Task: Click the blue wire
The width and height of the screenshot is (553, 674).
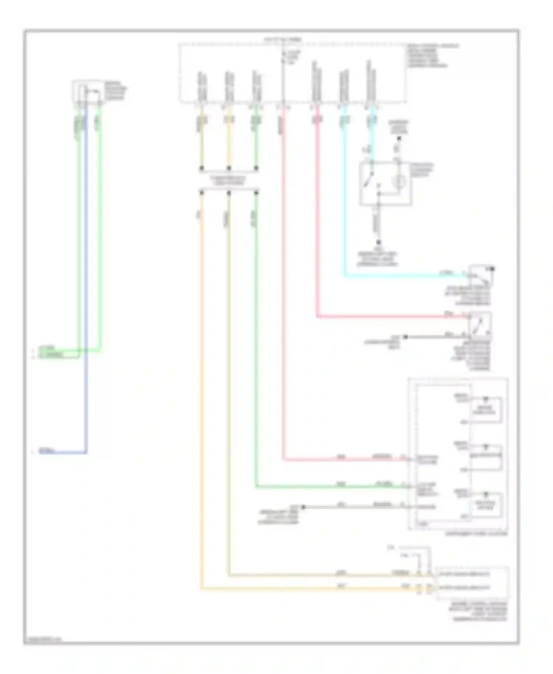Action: (86, 295)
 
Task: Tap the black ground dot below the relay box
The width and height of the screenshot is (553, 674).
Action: (378, 243)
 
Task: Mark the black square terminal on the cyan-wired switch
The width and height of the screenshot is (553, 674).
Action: (492, 269)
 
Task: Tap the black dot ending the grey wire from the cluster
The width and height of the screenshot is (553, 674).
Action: (303, 507)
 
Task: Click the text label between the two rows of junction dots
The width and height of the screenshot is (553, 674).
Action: (229, 180)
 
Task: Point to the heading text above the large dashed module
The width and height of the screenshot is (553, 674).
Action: (283, 39)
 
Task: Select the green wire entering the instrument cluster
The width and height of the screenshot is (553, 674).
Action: (332, 487)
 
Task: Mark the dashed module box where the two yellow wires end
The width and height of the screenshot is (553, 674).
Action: (472, 583)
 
